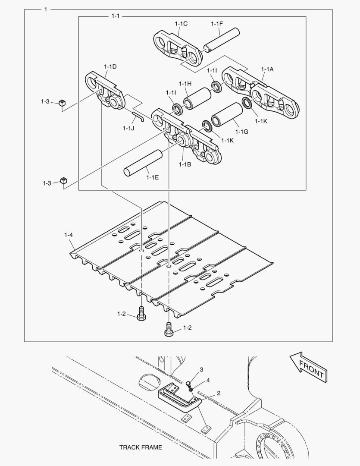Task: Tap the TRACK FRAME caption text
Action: click(x=141, y=447)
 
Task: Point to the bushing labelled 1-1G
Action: click(x=226, y=115)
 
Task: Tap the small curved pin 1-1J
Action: click(x=139, y=114)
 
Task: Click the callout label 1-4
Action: click(x=69, y=235)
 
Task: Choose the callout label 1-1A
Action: click(x=267, y=69)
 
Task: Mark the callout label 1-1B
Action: click(x=185, y=164)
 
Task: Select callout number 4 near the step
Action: click(x=208, y=381)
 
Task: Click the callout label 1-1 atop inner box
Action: click(x=115, y=16)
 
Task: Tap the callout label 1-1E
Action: click(x=153, y=177)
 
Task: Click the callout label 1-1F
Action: click(x=217, y=24)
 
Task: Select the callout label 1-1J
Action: click(x=128, y=128)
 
